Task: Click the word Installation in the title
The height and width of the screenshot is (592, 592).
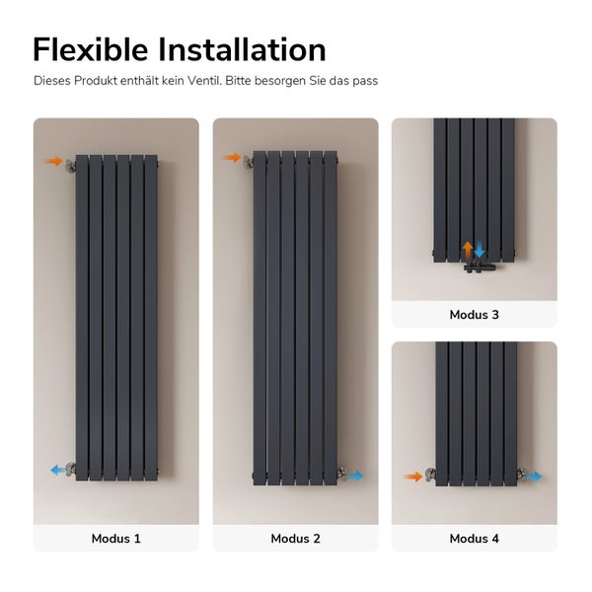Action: pyautogui.click(x=247, y=49)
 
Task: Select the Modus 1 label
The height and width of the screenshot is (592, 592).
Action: pyautogui.click(x=116, y=539)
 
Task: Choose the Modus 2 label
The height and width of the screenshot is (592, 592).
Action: pyautogui.click(x=295, y=539)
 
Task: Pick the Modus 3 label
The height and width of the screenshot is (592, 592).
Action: pyautogui.click(x=474, y=315)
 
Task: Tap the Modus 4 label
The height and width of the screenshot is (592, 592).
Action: pyautogui.click(x=474, y=539)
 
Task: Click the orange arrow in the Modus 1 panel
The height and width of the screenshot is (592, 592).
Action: pyautogui.click(x=53, y=161)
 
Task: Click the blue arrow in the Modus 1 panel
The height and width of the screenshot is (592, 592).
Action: pyautogui.click(x=58, y=470)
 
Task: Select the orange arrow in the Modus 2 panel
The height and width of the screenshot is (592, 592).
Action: pyautogui.click(x=232, y=157)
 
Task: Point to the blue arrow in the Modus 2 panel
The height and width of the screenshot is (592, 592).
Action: pyautogui.click(x=354, y=476)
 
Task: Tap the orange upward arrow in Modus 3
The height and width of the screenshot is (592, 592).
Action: pyautogui.click(x=468, y=249)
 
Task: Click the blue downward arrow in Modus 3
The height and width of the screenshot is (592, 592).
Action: pyautogui.click(x=480, y=249)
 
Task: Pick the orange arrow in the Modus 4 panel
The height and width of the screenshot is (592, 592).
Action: pyautogui.click(x=412, y=477)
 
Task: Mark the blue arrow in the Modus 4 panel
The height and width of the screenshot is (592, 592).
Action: pyautogui.click(x=534, y=477)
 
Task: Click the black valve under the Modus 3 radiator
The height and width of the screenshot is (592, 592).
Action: pyautogui.click(x=474, y=263)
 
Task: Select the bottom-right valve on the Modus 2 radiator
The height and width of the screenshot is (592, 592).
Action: pyautogui.click(x=339, y=473)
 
